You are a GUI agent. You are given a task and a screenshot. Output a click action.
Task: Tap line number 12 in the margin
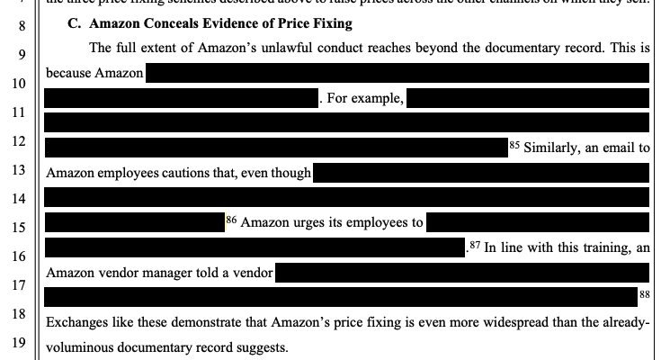[x=9, y=142]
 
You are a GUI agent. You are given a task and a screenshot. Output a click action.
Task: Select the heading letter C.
[x=73, y=22]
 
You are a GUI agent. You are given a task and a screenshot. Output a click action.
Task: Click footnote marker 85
[x=514, y=143]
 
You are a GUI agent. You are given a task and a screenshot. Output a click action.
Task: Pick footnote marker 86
[x=229, y=218]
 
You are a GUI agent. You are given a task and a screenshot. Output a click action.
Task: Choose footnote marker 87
[x=472, y=244]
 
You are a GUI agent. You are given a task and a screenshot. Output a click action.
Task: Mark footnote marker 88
[x=644, y=293]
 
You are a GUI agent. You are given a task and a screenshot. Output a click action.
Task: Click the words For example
[x=366, y=97]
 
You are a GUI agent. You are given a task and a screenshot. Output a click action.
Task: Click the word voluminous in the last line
[x=82, y=346]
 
